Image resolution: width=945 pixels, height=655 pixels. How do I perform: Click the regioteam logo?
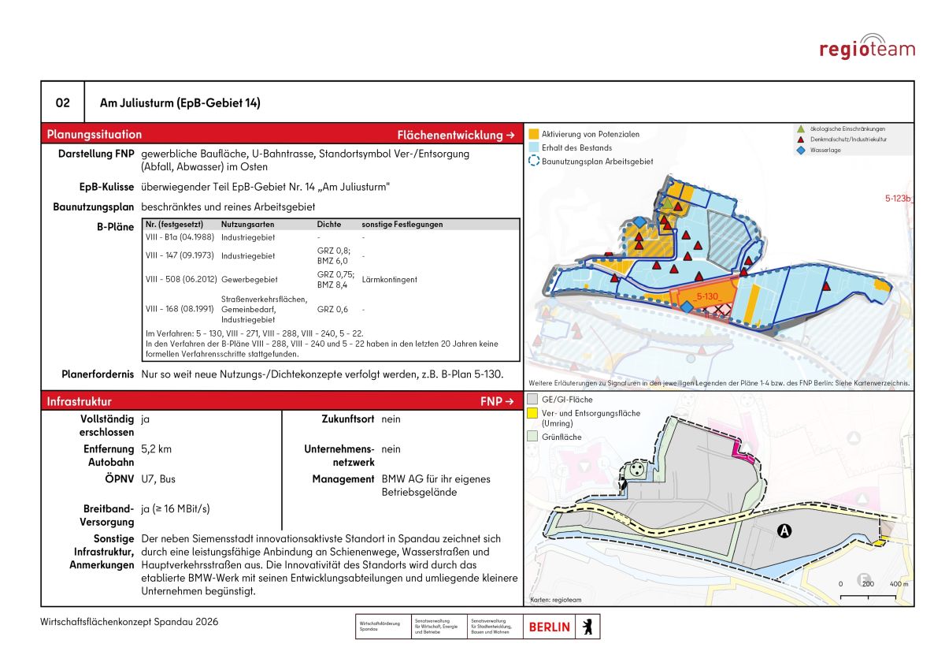pos(867,47)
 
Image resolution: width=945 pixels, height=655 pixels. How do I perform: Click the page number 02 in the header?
pos(62,103)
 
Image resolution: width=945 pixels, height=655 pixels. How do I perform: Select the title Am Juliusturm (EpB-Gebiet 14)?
pos(180,103)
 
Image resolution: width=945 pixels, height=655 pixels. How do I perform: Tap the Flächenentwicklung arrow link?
pos(456,135)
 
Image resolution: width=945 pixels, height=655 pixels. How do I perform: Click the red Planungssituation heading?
pos(94,134)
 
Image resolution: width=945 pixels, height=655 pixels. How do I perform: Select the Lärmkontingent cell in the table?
pos(390,280)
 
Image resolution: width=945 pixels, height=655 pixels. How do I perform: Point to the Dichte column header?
pos(329,225)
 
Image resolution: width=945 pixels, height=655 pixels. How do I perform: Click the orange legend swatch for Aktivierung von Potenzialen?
pos(534,134)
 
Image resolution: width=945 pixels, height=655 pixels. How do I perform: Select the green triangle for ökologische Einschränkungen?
pos(802,128)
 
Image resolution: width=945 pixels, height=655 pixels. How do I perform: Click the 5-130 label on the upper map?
pos(708,296)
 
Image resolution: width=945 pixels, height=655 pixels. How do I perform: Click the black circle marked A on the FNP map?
pos(784,531)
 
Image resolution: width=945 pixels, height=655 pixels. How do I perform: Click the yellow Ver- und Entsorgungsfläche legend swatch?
pos(534,413)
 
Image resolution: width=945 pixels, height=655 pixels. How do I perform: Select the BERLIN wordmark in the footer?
pos(550,627)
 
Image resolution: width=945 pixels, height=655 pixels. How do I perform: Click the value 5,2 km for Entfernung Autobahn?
pos(156,448)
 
